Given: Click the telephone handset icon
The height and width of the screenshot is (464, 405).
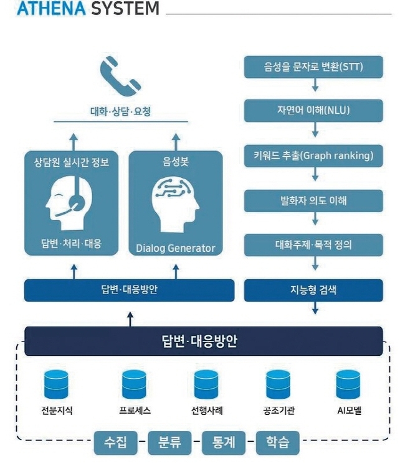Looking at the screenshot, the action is [x=120, y=77].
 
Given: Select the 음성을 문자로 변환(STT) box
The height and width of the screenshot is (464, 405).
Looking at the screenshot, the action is [x=313, y=67].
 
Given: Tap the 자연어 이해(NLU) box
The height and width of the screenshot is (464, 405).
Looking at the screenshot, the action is [x=313, y=111].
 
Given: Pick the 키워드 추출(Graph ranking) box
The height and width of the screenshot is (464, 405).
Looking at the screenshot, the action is [x=313, y=156].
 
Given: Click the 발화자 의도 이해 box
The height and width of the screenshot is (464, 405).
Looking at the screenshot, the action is [x=313, y=201].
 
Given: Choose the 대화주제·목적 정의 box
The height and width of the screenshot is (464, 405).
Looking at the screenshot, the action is [x=313, y=245].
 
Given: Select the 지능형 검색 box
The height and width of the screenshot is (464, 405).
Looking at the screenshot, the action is [x=313, y=290].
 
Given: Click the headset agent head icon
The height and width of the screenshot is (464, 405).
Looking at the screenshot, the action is [x=69, y=203].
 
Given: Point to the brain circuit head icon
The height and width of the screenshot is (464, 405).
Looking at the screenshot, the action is [x=176, y=205].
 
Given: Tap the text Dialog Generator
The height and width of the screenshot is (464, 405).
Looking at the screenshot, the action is [x=176, y=248].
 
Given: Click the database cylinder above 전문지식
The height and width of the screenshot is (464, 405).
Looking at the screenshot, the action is [x=56, y=384].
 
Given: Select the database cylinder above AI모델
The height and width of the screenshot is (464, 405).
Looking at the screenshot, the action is [x=348, y=384].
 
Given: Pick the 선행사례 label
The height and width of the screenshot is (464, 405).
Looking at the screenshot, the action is [x=207, y=411].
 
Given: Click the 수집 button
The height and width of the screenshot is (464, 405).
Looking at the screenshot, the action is [x=116, y=443].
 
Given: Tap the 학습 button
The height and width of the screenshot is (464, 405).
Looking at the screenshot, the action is [x=277, y=443].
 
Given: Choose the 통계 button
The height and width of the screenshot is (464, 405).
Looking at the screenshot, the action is [x=224, y=443].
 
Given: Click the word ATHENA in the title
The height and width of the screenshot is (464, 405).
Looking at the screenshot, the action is [x=51, y=8].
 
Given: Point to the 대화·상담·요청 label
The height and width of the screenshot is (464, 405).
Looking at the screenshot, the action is [x=121, y=111].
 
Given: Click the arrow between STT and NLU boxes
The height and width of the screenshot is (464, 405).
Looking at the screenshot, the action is [x=315, y=85].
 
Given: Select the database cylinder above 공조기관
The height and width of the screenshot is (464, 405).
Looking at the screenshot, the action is [x=278, y=384].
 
